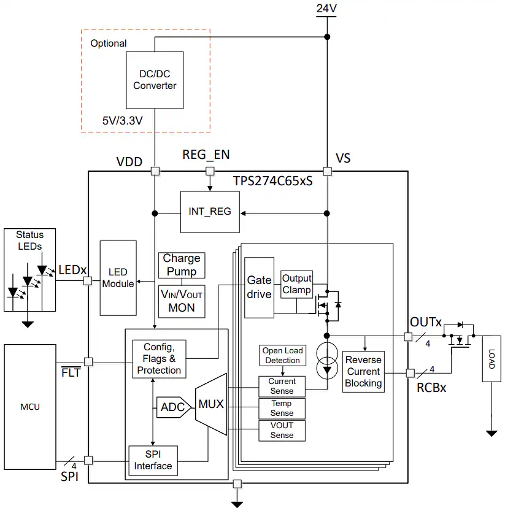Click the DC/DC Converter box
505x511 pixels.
(155, 80)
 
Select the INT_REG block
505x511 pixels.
(210, 212)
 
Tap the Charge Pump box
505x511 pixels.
(182, 265)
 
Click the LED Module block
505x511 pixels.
(118, 278)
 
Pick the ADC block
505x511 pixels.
(174, 407)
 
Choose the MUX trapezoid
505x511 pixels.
(211, 404)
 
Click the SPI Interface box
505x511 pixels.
(153, 461)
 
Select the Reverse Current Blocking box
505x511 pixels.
(363, 372)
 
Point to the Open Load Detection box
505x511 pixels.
(282, 356)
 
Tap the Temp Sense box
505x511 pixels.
(282, 409)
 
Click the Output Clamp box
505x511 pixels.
(296, 284)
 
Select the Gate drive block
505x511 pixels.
(259, 288)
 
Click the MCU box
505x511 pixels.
(30, 407)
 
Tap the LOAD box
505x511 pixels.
(492, 358)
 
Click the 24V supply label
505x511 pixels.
(326, 8)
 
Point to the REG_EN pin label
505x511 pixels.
(206, 155)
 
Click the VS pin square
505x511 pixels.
(327, 171)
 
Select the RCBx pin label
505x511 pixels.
(431, 388)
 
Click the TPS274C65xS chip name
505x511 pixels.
(273, 181)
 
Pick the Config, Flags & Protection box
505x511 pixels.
(159, 359)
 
